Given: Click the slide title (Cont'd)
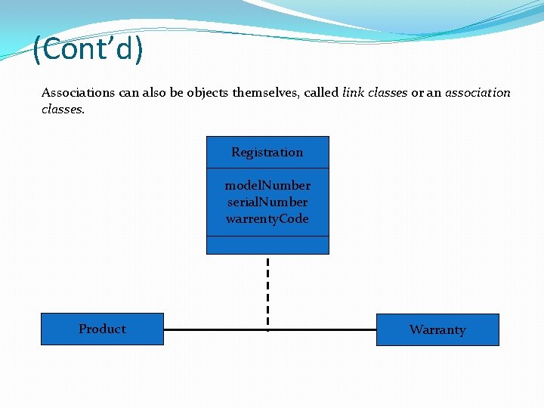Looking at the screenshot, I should pyautogui.click(x=88, y=50).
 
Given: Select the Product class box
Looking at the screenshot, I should pyautogui.click(x=102, y=329).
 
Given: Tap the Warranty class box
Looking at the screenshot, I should pyautogui.click(x=437, y=330).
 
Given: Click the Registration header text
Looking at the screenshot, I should pyautogui.click(x=267, y=153).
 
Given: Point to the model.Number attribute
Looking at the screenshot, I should pyautogui.click(x=267, y=185).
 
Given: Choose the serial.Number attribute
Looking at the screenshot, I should pyautogui.click(x=267, y=202).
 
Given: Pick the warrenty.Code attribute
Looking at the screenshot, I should pyautogui.click(x=267, y=218).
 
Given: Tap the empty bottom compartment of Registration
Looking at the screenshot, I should pyautogui.click(x=267, y=246).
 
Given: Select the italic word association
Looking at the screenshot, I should pyautogui.click(x=478, y=93).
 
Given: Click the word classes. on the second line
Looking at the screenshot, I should pyautogui.click(x=63, y=109).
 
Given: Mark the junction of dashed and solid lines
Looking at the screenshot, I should pyautogui.click(x=267, y=329).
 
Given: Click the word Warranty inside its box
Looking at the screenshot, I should pyautogui.click(x=437, y=330).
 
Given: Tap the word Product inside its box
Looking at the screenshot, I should pyautogui.click(x=102, y=329).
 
